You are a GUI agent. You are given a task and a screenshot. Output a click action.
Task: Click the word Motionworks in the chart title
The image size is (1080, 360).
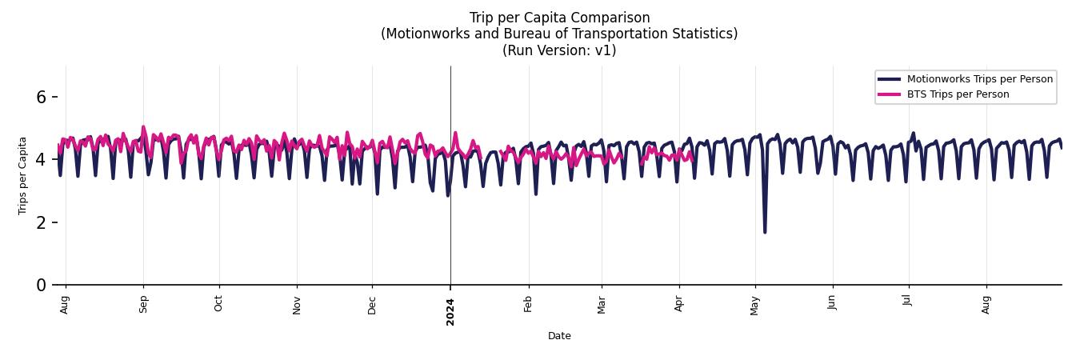tap(421, 34)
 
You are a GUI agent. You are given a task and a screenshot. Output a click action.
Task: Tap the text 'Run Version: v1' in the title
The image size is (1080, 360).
tap(559, 50)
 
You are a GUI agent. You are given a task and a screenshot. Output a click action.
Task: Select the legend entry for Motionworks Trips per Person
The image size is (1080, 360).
tap(979, 79)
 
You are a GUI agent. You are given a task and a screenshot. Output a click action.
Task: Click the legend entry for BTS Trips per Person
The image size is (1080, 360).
tap(958, 94)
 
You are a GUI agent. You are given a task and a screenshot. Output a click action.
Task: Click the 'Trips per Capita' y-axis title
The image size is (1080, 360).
tap(22, 175)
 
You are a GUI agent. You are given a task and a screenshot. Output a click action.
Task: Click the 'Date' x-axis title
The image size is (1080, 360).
tap(559, 336)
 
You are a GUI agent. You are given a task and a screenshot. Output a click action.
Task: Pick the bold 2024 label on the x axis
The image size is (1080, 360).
tap(450, 311)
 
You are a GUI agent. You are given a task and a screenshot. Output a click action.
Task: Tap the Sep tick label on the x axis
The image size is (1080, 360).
tap(143, 305)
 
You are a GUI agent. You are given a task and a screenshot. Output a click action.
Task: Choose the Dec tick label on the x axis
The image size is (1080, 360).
tap(372, 305)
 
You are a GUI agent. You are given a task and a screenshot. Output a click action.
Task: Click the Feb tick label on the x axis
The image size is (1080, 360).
tap(528, 305)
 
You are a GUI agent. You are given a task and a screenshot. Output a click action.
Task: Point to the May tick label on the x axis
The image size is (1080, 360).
tap(755, 305)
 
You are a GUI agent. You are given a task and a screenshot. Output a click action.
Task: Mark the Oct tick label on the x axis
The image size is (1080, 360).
tap(219, 304)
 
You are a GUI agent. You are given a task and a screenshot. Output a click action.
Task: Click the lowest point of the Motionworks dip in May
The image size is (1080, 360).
tap(765, 232)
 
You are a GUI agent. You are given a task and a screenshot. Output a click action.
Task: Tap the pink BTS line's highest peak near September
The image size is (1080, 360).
tap(143, 126)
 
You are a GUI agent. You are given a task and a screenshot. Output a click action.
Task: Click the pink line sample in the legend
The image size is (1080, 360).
tap(889, 94)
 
